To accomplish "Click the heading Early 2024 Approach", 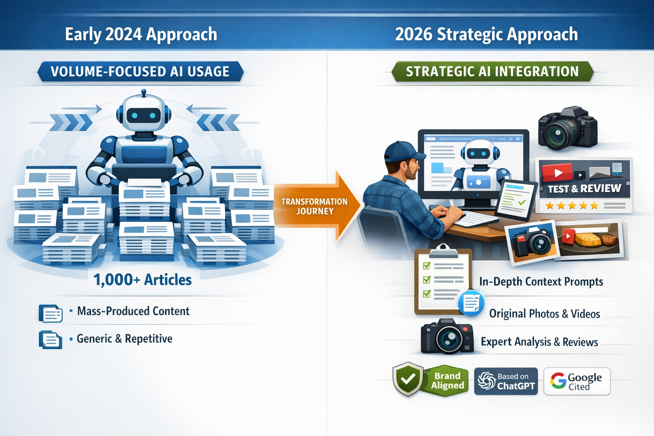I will pos(141,34).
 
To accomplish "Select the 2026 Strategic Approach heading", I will pos(486,34).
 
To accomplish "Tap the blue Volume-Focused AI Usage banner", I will pos(140,72).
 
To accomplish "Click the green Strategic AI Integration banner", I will pos(492,72).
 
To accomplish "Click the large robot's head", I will pos(143,113).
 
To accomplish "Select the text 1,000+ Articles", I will pos(143,280).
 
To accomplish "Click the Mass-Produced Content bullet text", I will pos(133,311).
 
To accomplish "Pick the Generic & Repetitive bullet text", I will pos(124,339).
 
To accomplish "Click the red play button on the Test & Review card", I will pos(557,173).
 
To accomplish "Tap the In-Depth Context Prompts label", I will pos(541,282).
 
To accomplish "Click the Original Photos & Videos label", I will pos(544,314).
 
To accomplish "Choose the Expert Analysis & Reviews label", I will pos(539,342).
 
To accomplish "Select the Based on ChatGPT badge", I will pos(506,381).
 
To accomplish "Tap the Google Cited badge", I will pos(577,381).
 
